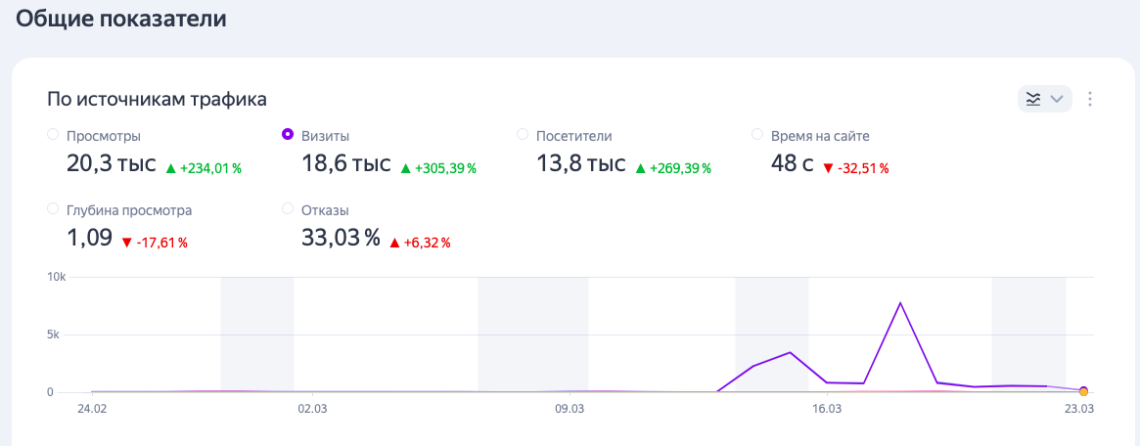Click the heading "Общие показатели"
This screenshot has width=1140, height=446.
click(121, 19)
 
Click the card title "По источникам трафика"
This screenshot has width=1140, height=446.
click(157, 100)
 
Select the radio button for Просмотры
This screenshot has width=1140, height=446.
click(53, 134)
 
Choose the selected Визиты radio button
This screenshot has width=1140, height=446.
click(287, 134)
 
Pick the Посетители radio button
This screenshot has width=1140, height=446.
click(522, 134)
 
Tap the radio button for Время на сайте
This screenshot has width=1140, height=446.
click(756, 134)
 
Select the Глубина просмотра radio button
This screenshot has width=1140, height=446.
click(53, 209)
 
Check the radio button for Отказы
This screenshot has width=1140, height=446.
click(287, 209)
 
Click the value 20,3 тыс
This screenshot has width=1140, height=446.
click(112, 164)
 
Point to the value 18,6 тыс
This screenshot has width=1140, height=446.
click(346, 164)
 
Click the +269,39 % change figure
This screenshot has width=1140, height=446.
click(672, 168)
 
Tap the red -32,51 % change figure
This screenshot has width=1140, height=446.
click(855, 168)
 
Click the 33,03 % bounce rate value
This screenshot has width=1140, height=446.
click(341, 238)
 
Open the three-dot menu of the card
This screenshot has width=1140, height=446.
click(1089, 99)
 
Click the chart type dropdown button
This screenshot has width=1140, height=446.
click(1045, 99)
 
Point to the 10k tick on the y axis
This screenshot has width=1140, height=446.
click(57, 277)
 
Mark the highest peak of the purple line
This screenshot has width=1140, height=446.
click(900, 303)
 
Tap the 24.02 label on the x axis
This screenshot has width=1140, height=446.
click(92, 409)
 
